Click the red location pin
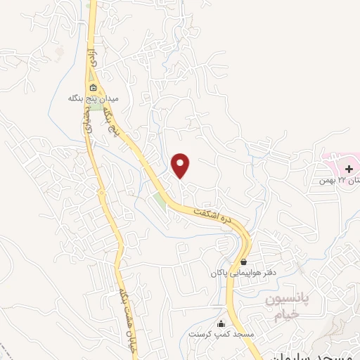(181, 165)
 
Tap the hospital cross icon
(349, 169)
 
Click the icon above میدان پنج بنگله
(93, 88)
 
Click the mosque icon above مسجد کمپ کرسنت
(222, 323)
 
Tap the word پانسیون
(289, 300)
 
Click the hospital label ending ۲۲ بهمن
(330, 181)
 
